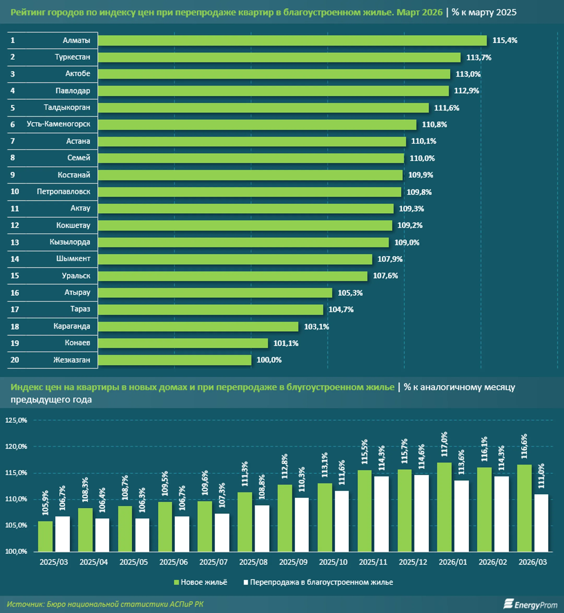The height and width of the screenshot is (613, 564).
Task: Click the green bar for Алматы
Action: (x=292, y=40)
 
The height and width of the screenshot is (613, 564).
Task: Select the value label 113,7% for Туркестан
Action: (x=479, y=58)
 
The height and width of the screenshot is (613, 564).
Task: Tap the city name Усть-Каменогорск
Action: (x=58, y=124)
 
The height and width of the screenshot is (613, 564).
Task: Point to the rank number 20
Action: (x=15, y=360)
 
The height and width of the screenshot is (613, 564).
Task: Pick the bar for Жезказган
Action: (x=175, y=360)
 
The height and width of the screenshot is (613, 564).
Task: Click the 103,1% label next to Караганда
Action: (x=316, y=327)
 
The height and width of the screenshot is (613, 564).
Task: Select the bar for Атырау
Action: (x=215, y=293)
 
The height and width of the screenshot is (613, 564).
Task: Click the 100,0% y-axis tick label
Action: (x=16, y=551)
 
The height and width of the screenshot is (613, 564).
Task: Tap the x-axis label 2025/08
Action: (x=253, y=562)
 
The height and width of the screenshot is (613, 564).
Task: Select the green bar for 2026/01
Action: (x=444, y=507)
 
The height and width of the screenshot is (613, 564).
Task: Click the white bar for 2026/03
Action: (x=541, y=523)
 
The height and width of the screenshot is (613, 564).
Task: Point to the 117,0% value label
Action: (x=444, y=444)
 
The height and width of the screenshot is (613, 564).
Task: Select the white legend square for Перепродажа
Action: (x=246, y=582)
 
